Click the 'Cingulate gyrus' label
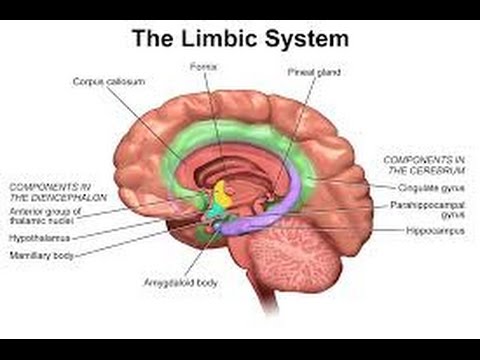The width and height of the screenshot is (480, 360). click(426, 187)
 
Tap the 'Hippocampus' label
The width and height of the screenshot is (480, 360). click(431, 230)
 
